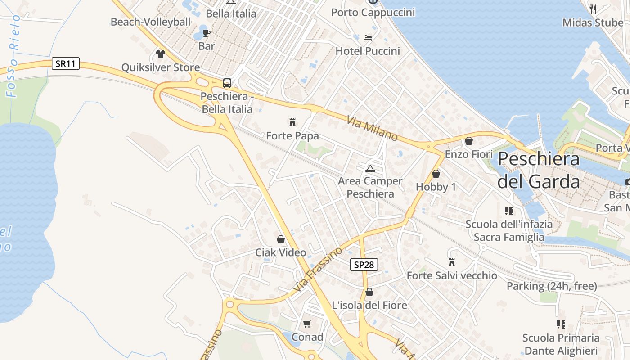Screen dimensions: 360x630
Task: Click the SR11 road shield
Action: pos(66,63)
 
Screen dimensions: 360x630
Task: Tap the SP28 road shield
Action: pos(364,265)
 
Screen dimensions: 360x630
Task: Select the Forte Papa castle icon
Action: pos(292,122)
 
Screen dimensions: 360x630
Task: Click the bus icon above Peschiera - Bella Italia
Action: pos(227,83)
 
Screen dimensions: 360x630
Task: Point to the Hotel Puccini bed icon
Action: pos(368,37)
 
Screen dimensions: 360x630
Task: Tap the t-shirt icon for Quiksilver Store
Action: pos(161,54)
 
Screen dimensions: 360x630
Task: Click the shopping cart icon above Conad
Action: pos(307,324)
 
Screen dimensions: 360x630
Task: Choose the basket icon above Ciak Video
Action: pos(281,239)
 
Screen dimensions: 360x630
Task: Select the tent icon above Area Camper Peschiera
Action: pos(370,168)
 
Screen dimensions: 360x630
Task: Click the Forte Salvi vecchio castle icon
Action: pos(452,262)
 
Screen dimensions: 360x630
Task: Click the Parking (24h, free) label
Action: pos(552,286)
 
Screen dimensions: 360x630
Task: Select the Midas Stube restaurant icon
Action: pos(593,9)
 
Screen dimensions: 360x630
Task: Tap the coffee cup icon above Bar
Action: pos(207,33)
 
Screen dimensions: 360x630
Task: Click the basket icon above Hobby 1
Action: pos(436,173)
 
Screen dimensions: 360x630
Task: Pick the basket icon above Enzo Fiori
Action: pos(469,141)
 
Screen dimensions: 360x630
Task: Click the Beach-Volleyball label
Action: pos(151,22)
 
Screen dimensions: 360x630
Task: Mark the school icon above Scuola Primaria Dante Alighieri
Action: pos(561,324)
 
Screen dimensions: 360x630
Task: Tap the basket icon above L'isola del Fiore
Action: pos(369,292)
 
